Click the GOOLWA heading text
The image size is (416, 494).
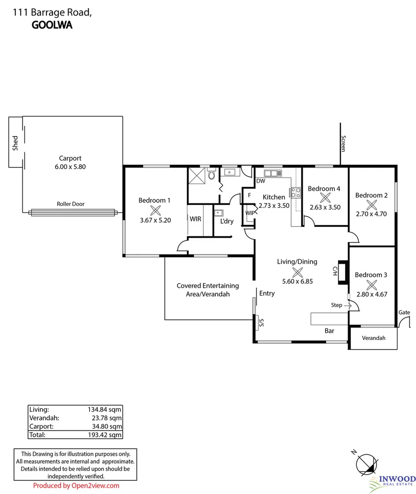52,25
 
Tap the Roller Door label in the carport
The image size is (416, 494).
70,204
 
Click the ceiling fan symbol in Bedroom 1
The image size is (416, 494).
155,210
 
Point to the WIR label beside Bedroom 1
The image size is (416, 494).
195,219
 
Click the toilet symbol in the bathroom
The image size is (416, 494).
211,174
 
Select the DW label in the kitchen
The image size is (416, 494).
261,181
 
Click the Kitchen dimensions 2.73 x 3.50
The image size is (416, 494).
274,205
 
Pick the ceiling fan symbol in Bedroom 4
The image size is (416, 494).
324,198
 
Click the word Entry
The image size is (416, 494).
267,293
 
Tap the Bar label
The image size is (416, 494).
329,331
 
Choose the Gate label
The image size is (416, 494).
404,312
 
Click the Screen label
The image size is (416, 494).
344,143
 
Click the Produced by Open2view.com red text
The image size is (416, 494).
76,486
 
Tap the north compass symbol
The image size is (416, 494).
367,463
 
